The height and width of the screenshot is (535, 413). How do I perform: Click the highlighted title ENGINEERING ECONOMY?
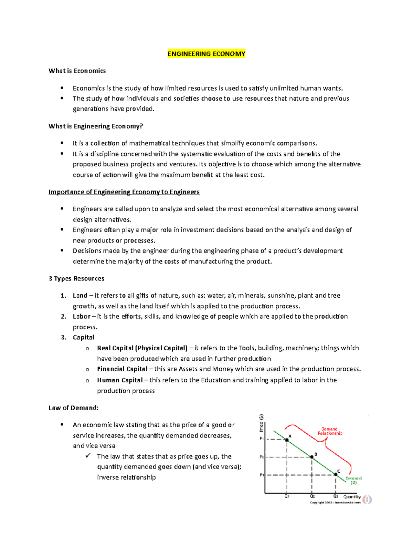point(206,54)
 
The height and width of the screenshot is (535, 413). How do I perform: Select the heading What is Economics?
point(77,71)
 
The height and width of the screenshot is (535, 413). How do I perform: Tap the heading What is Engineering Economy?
point(96,126)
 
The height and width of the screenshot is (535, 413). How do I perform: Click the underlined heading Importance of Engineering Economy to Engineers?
point(124,192)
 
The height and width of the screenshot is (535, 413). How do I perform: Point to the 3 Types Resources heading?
point(76,278)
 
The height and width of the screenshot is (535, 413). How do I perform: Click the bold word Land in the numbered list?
point(80,296)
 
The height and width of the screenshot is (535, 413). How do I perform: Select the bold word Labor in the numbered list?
point(82,317)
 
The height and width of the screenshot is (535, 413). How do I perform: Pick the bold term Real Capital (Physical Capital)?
point(142,348)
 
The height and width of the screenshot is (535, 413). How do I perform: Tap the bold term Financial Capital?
point(122,369)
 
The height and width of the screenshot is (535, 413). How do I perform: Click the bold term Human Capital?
point(120,380)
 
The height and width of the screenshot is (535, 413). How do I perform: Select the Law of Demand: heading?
point(74,408)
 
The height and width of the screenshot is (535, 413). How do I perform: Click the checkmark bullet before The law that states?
point(88,456)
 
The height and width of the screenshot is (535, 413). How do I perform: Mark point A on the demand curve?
point(287,440)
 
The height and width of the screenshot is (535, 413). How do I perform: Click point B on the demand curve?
point(312,457)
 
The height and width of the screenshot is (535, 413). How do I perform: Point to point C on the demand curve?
point(336,474)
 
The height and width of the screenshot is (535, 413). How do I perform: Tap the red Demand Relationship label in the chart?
point(330,431)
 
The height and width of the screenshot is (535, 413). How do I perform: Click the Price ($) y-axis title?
point(261,423)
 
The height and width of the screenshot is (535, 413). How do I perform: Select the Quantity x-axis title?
point(352,497)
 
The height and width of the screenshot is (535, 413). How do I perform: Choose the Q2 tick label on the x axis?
point(312,496)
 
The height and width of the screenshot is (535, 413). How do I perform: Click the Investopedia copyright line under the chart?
point(335,503)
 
